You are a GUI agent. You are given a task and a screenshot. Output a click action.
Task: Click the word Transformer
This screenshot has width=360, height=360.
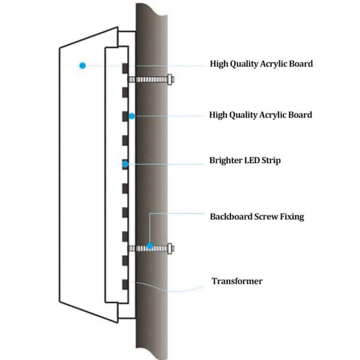click(237, 281)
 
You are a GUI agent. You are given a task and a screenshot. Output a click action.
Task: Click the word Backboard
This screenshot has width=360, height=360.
click(230, 217)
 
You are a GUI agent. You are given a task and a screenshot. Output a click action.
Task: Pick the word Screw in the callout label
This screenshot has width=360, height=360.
click(265, 217)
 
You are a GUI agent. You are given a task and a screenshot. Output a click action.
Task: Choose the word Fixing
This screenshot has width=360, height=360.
click(291, 217)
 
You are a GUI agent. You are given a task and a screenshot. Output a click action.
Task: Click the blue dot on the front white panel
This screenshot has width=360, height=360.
click(82, 64)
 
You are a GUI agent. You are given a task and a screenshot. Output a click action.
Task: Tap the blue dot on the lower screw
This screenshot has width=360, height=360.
click(149, 247)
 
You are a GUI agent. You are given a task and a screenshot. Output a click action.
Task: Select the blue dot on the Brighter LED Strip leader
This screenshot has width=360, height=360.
click(125, 163)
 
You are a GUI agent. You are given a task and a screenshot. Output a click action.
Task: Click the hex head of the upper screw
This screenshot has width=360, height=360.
click(171, 79)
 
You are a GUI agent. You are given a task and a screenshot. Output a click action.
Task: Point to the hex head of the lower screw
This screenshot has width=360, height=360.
click(171, 247)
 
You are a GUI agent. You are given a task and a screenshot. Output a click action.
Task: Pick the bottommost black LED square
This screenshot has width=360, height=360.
click(125, 284)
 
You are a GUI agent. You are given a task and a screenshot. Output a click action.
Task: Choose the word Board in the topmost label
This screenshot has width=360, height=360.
click(299, 64)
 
